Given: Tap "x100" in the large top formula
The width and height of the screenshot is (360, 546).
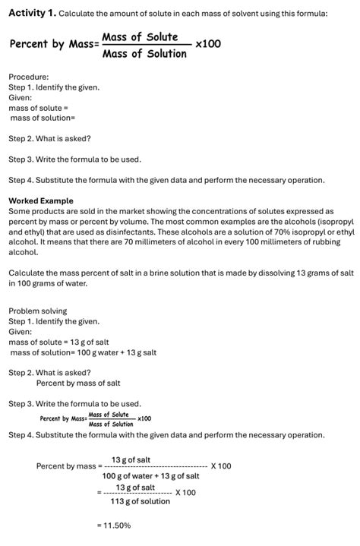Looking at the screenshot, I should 208,44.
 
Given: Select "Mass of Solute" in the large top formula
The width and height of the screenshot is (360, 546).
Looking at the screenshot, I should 140,37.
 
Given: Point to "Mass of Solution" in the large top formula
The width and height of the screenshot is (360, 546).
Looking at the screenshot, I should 144,53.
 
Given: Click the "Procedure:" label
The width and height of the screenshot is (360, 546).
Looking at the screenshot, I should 29,77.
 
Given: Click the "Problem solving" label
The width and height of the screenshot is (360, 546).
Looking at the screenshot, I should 38,311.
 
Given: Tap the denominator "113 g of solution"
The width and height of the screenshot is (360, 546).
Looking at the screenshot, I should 141,501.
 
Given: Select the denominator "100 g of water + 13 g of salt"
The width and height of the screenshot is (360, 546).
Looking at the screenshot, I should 151,475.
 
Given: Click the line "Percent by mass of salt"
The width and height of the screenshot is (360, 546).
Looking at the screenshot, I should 78,383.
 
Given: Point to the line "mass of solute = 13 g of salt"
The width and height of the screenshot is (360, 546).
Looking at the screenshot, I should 59,342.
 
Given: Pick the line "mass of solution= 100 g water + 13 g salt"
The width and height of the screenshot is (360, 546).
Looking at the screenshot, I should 84,352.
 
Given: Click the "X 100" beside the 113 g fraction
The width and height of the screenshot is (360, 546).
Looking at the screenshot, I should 185,492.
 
